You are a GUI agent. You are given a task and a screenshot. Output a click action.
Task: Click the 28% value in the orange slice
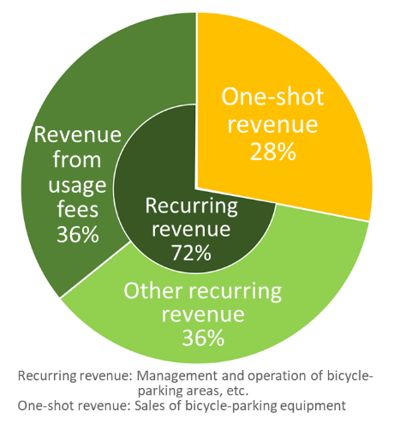[273, 152]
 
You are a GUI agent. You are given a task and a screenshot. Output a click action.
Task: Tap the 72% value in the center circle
[191, 253]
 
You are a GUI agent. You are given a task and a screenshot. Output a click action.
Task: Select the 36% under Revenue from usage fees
[78, 235]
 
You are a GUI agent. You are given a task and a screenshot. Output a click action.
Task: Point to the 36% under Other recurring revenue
[203, 337]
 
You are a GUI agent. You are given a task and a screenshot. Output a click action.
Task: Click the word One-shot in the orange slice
[272, 97]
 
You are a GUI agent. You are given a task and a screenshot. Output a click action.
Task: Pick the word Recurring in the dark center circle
[191, 206]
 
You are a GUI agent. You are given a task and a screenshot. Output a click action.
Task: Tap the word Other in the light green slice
[153, 291]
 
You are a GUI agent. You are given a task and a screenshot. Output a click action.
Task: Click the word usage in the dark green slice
[77, 186]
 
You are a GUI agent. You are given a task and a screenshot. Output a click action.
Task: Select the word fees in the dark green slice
[78, 209]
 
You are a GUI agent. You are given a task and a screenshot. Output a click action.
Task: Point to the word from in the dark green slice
[77, 159]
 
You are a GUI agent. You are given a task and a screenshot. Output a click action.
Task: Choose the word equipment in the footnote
[312, 406]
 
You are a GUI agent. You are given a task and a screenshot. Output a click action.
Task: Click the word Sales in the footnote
[150, 405]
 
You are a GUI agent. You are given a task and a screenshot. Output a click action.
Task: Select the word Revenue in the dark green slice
[78, 134]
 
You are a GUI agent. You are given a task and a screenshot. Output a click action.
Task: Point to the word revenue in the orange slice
[272, 125]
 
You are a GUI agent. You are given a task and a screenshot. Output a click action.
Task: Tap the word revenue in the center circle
[191, 230]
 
